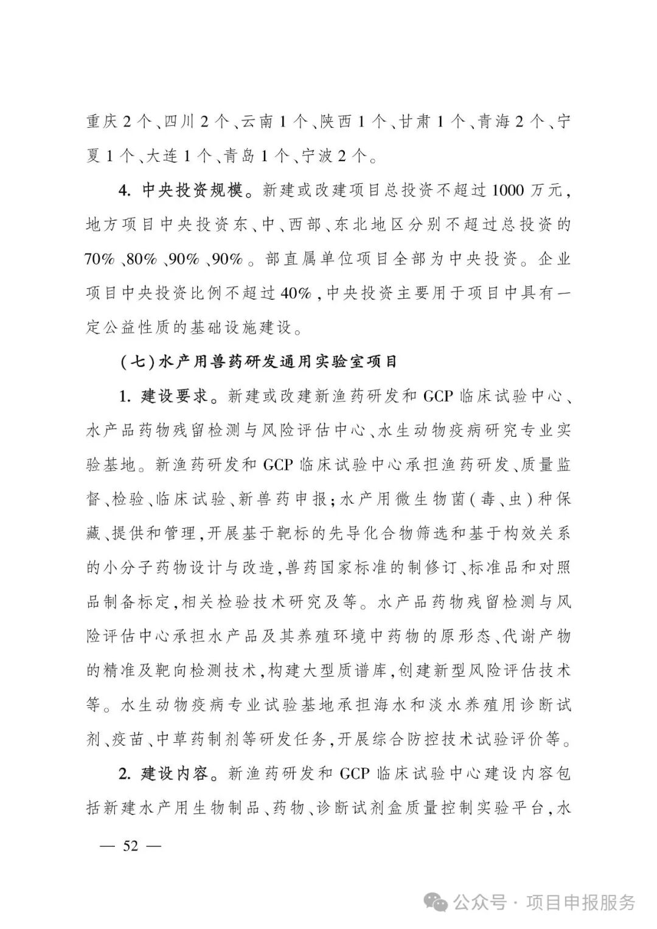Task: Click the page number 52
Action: coord(130,846)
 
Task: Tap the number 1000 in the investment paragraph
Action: coord(507,190)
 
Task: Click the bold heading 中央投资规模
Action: coord(193,190)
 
